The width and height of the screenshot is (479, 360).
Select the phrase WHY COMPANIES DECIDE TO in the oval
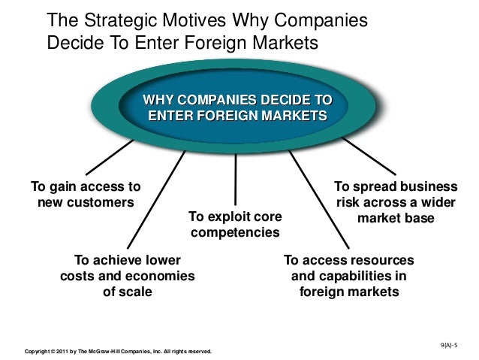pyautogui.click(x=237, y=101)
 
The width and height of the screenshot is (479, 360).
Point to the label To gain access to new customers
pyautogui.click(x=85, y=195)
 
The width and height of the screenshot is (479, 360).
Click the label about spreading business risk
pyautogui.click(x=395, y=202)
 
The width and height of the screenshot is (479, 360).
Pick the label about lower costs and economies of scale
pyautogui.click(x=127, y=275)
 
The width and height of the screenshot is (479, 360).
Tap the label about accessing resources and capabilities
pyautogui.click(x=349, y=275)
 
